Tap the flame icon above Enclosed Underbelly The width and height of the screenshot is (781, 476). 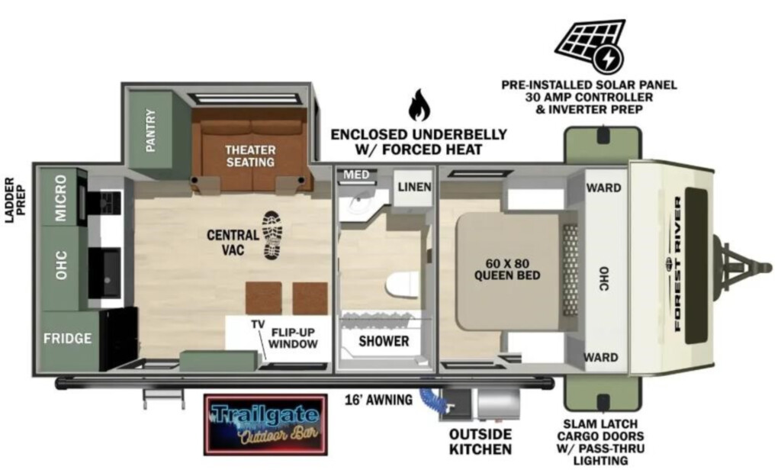tap(419, 105)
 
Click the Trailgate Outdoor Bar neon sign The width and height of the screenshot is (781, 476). tap(265, 424)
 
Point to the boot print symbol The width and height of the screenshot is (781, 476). tap(272, 235)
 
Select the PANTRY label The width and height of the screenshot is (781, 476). tap(150, 130)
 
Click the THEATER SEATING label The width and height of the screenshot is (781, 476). tap(250, 156)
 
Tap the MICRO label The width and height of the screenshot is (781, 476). tap(60, 198)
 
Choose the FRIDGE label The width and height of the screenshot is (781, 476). tap(67, 339)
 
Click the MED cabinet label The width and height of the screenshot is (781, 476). tap(356, 175)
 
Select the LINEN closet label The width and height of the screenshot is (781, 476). tap(414, 187)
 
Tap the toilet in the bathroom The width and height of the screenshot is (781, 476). tap(402, 285)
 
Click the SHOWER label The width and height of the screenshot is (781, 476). tap(384, 341)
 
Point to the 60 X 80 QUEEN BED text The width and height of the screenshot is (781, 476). tap(507, 269)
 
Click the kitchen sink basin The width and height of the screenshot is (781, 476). tap(105, 273)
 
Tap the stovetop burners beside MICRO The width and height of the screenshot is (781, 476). tap(104, 203)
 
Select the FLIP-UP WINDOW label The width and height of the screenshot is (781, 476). tap(293, 338)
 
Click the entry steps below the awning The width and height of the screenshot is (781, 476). tap(163, 399)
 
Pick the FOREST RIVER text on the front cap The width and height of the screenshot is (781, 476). tap(677, 264)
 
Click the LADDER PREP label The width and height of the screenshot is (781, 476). tap(15, 197)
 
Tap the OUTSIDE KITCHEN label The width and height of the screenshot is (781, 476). tap(480, 442)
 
